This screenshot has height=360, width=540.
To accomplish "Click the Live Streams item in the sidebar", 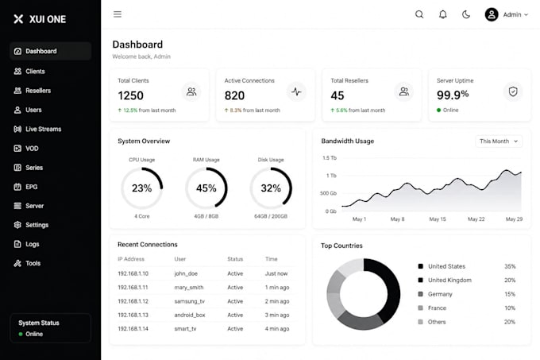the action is pos(37,130).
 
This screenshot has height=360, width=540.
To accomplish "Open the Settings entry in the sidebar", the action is pos(31,225).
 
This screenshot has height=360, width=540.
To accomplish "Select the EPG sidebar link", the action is pos(26,187).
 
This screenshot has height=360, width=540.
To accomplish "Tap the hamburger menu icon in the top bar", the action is pos(118,14).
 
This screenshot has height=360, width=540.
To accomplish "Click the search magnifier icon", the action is pos(419,14).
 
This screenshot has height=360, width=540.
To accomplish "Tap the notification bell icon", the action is pos(443,14).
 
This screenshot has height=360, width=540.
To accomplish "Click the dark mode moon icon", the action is pos(466,14).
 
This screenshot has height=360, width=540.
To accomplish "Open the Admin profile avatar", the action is pos(492,14).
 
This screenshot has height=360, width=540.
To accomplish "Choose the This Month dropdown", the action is pos(499,141).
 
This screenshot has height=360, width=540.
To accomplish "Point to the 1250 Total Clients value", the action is pos(130,95).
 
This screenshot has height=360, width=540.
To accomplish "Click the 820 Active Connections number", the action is pos(234,95).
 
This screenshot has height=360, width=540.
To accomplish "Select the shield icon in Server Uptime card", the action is pos(513,91).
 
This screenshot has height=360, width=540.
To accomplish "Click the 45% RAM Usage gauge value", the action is pos(206,188).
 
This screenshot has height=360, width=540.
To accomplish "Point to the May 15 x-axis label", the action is pos(438,219).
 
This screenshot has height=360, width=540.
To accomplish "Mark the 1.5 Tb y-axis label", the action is pos(330,158).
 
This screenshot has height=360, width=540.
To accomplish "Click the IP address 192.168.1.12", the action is pos(133,301).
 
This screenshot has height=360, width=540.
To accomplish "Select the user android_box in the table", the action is pos(190,315).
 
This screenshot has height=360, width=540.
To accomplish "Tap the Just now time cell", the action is pos(276,273).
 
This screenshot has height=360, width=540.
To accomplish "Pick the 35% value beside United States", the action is pos(510,266).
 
